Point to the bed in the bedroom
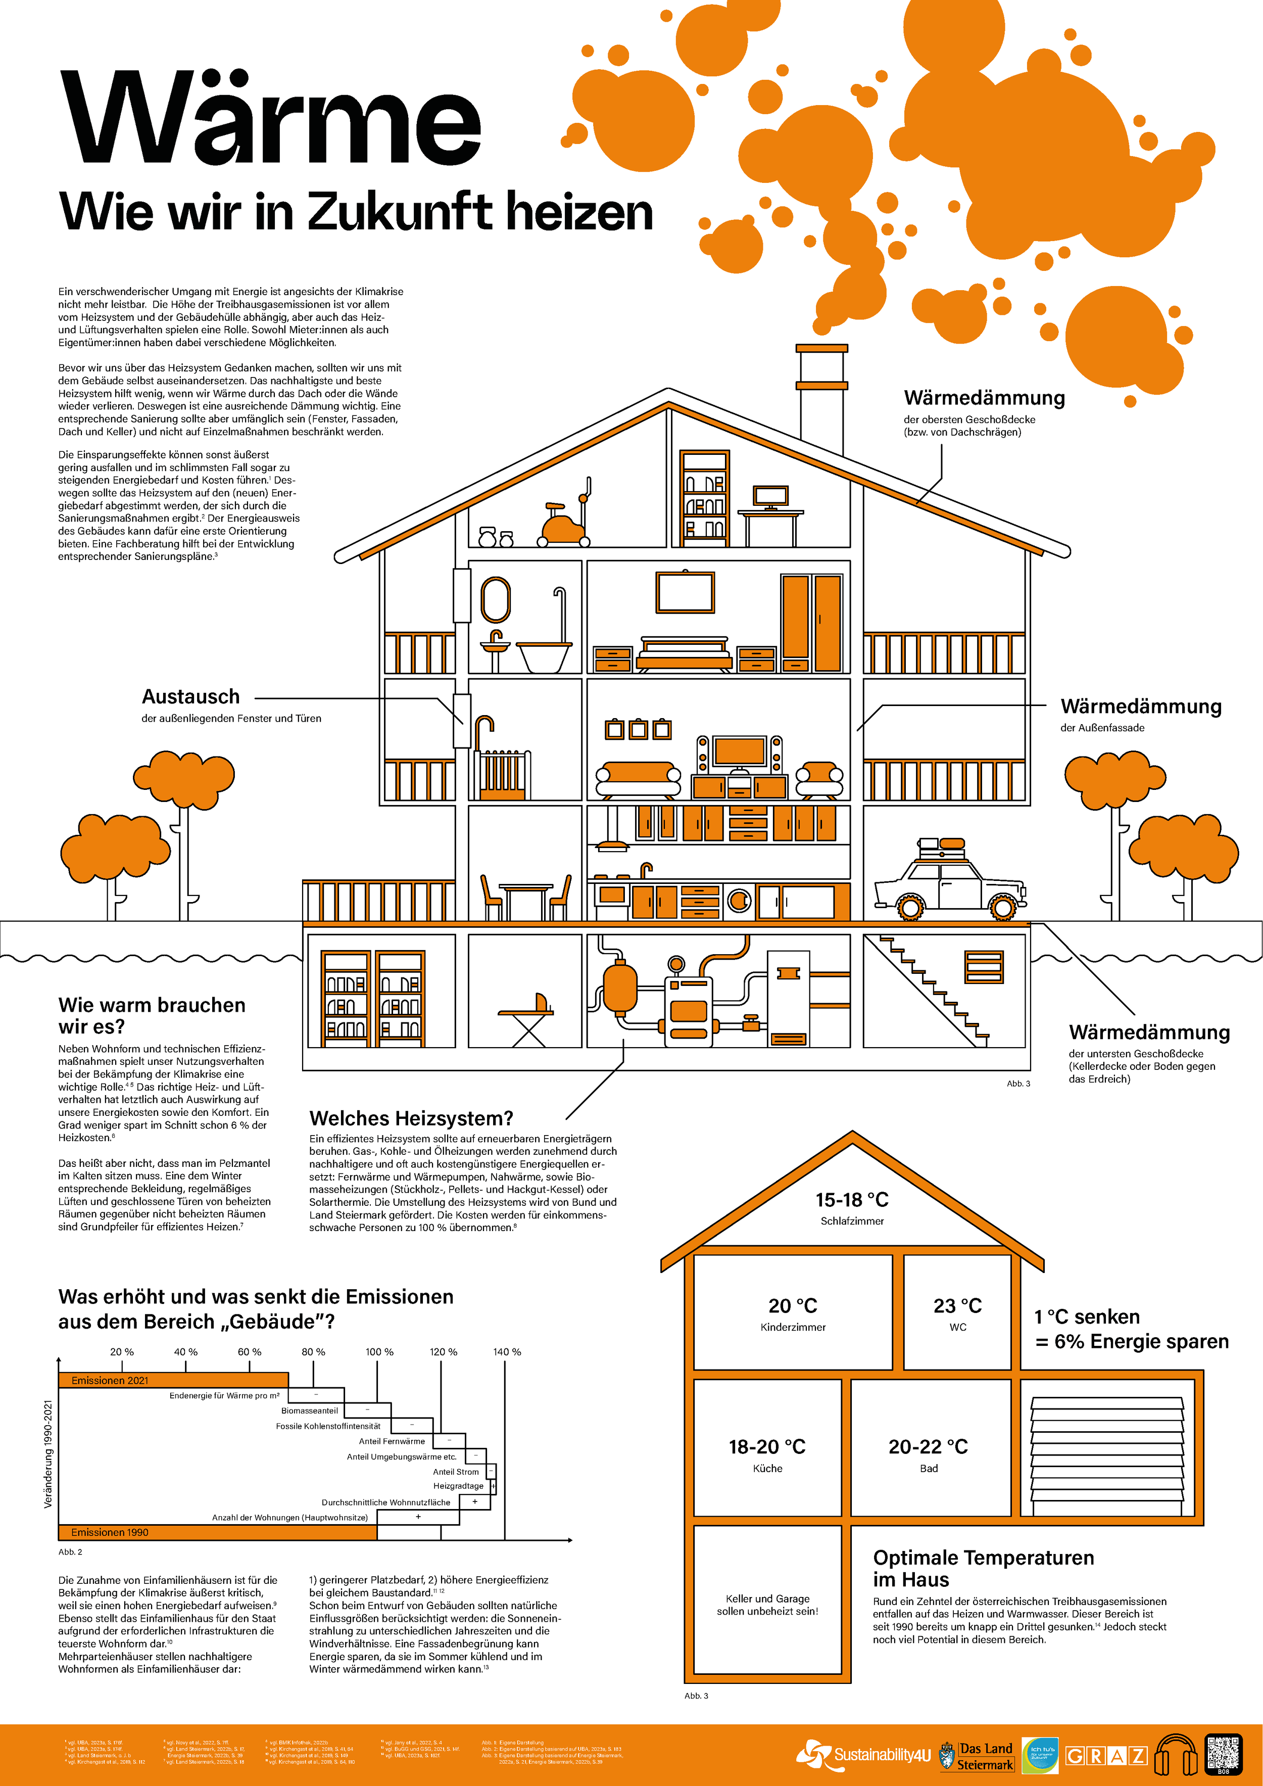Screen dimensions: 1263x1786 [x=685, y=653]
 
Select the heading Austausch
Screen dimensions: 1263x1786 [x=190, y=696]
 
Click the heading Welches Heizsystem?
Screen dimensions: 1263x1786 [x=411, y=1118]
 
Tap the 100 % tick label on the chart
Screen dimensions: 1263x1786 [x=379, y=1352]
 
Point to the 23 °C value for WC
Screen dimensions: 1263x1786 [x=957, y=1305]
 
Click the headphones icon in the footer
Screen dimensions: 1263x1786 [x=1175, y=1755]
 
